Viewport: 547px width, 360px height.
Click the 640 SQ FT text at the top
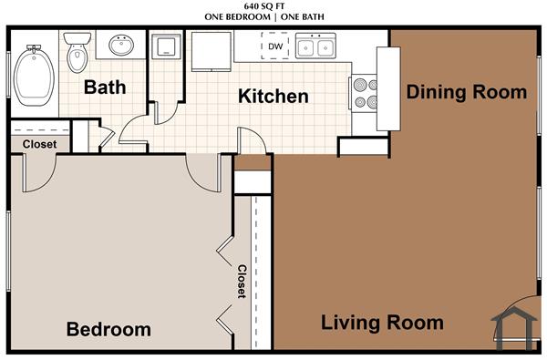click(x=273, y=6)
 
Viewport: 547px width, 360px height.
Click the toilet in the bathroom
click(x=77, y=53)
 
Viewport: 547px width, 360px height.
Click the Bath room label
click(x=104, y=87)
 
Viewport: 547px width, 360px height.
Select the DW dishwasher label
click(x=274, y=46)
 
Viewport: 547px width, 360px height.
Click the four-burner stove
click(x=362, y=91)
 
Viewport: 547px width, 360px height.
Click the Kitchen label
click(x=273, y=96)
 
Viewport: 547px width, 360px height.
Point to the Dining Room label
click(x=466, y=92)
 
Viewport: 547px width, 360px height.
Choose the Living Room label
click(x=382, y=323)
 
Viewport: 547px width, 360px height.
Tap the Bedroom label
click(x=108, y=329)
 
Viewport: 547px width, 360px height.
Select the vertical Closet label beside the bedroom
click(x=242, y=282)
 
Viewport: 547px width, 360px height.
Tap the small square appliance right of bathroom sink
click(x=166, y=46)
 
